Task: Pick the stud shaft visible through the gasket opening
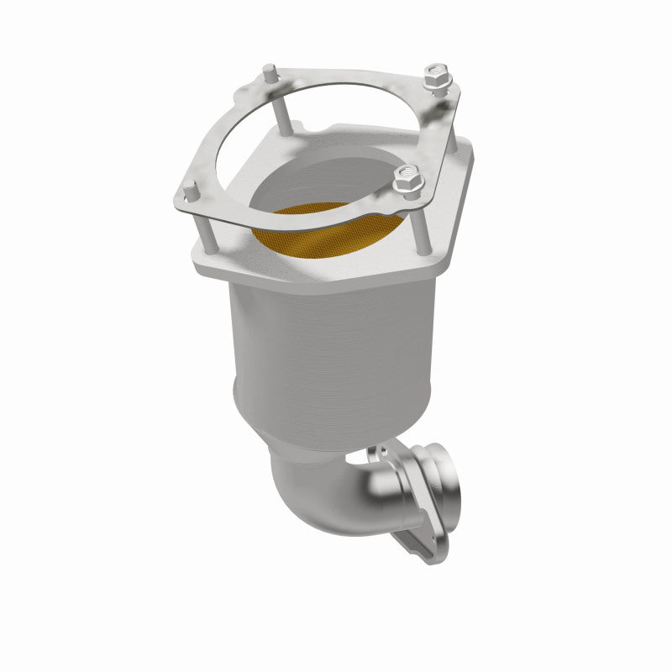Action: [x=281, y=113]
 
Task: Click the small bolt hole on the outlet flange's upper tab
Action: [x=375, y=454]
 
